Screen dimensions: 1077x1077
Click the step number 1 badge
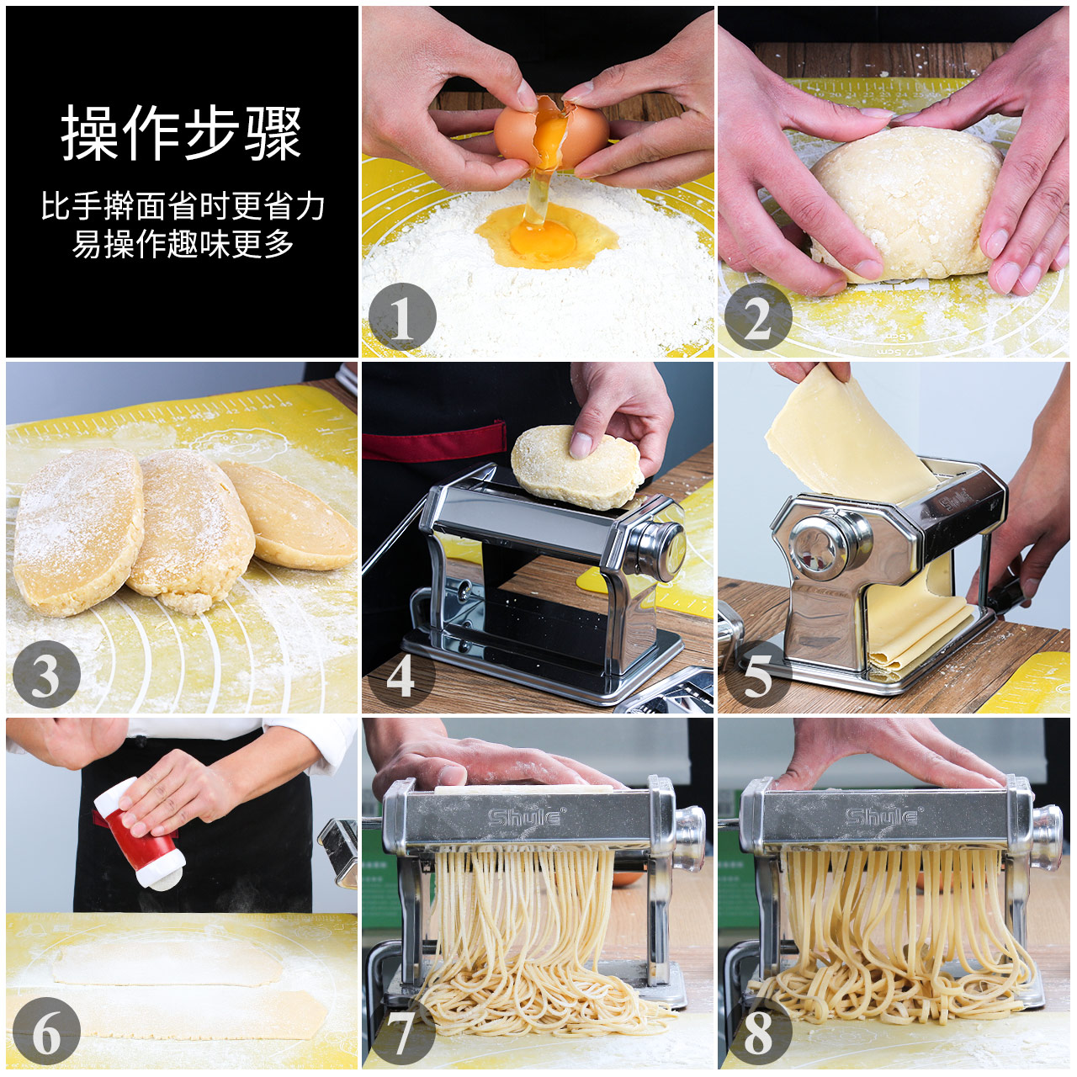(402, 318)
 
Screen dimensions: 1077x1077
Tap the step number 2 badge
(758, 318)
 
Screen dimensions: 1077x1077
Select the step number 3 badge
(46, 674)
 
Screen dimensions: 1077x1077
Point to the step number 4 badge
(401, 674)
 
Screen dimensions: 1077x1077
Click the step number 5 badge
(757, 674)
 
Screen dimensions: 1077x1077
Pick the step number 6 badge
(46, 1031)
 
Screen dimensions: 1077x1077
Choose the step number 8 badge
(758, 1031)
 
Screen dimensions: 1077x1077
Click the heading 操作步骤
(181, 134)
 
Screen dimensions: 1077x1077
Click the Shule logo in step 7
(527, 816)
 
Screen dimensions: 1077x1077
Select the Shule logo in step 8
(883, 816)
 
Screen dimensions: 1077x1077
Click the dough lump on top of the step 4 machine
(575, 467)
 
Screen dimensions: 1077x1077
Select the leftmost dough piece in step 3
(76, 530)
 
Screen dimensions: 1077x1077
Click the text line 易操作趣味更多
(183, 244)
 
